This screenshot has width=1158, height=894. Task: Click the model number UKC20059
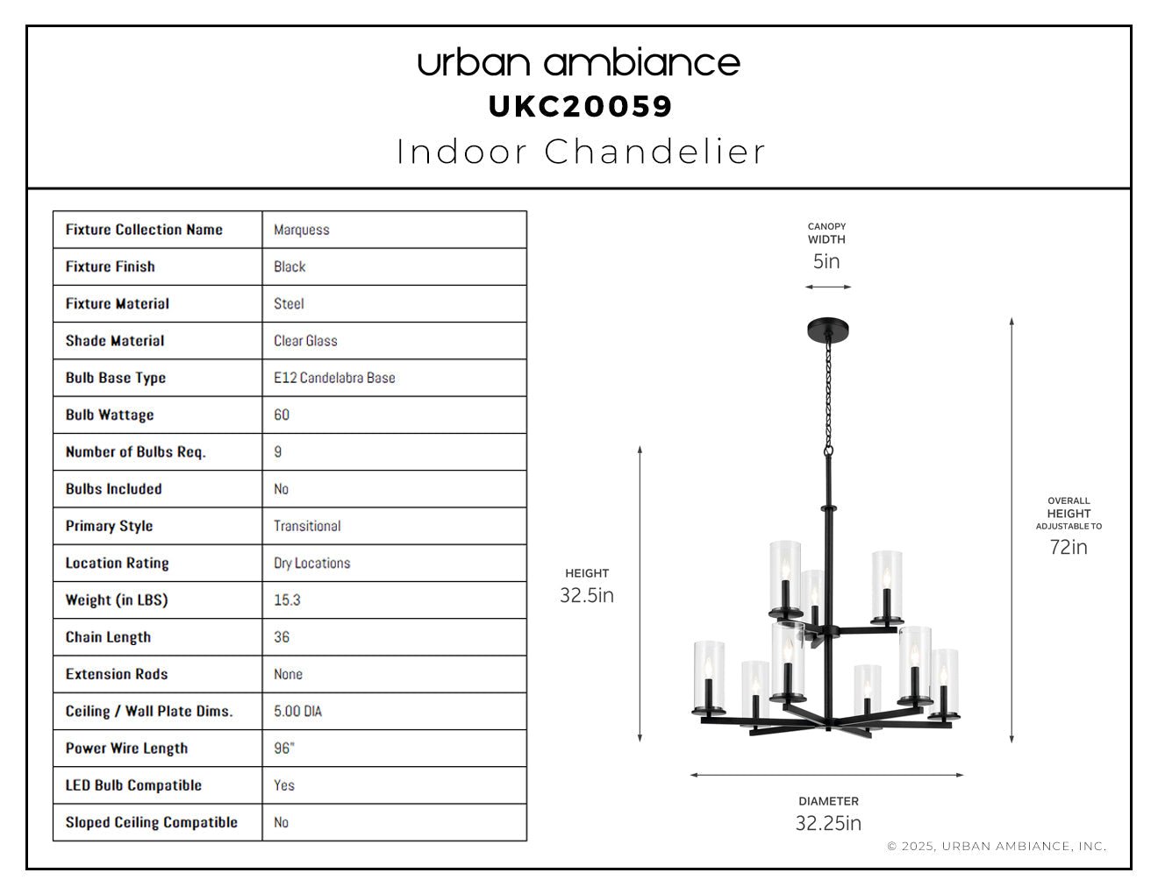coord(579,107)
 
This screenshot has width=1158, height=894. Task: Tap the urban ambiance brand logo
coord(579,62)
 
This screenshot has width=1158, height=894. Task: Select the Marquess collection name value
coord(302,230)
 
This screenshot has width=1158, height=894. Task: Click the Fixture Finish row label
coord(111,266)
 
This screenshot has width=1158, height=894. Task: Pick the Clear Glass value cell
coord(395,341)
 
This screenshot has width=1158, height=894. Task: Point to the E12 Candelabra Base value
coord(334,378)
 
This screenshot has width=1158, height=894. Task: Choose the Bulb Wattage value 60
coord(282,415)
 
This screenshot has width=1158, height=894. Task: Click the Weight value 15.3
coord(287,600)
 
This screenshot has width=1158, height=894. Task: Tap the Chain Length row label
coord(108,637)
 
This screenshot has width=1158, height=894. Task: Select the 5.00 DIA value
coord(298,712)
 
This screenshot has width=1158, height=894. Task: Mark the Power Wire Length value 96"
coord(284,749)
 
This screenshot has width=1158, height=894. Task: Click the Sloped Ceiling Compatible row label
coord(152,822)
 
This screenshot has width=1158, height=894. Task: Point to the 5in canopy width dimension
coord(826,261)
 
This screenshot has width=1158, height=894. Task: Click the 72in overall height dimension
coord(1069,547)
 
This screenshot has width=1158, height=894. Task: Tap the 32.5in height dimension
coord(587,595)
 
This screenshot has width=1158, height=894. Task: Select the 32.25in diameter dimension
coord(829,823)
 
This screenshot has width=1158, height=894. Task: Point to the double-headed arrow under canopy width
coord(828,287)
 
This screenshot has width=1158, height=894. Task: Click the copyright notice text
coord(997,846)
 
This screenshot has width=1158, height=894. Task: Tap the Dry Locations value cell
coord(395,563)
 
